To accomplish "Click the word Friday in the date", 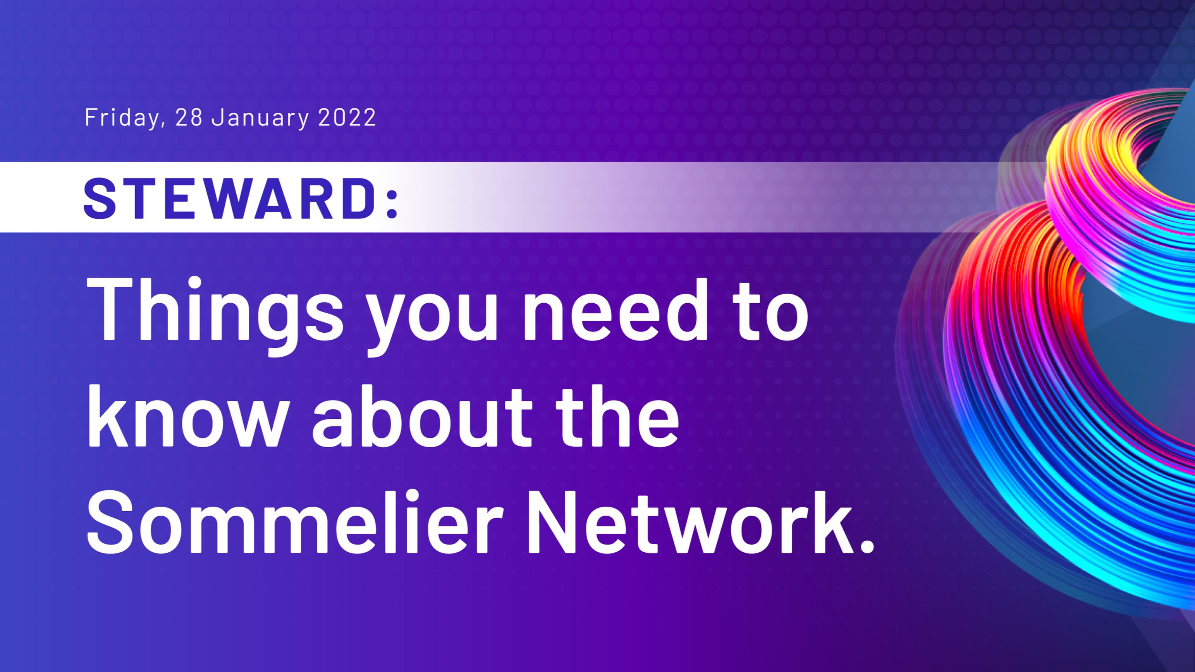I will coord(122,117).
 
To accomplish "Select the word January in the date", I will coord(260,117).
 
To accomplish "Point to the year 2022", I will coord(347,117).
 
